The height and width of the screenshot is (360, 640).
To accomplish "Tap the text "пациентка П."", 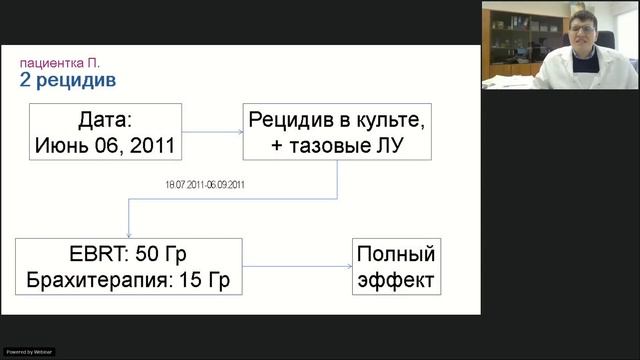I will pos(60,62).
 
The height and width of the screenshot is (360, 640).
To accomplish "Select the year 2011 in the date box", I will pos(153,146).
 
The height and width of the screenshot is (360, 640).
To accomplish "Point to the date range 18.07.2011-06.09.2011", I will pos(206,185).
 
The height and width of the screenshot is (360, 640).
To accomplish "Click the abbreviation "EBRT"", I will pos(64,254).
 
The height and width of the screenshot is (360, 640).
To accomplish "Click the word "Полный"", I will pos(396,254).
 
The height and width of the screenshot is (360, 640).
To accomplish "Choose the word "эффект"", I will pos(396,280).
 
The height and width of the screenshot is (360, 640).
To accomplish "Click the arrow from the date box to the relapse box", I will pos(213,132).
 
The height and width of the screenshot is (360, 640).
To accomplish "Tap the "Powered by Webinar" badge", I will pos(29,352).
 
